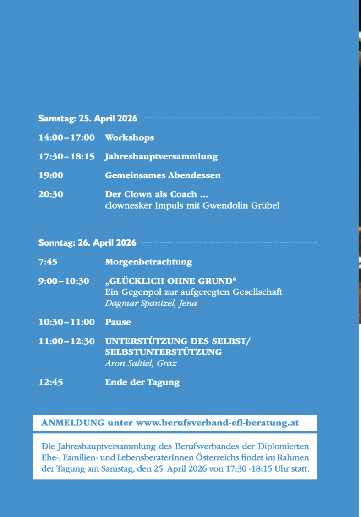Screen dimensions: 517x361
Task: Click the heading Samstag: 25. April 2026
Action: pos(88,118)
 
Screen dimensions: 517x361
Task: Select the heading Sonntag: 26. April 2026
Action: pos(87,243)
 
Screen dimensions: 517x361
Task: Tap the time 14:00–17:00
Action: pos(66,137)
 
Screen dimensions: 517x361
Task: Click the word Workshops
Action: pos(129,137)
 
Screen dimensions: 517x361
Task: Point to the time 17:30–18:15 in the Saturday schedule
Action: pos(66,156)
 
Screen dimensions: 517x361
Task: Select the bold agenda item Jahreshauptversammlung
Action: pos(161,156)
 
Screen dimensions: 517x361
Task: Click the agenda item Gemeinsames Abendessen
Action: pos(163,175)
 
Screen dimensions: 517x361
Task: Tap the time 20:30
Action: pos(51,194)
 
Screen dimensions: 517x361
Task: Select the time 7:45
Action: pos(48,262)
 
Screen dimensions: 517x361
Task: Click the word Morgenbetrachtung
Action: pos(148,262)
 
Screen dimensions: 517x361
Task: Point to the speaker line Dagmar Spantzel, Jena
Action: pos(151,303)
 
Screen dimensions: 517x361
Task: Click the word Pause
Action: pos(118,322)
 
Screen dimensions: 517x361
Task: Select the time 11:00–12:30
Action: pos(66,341)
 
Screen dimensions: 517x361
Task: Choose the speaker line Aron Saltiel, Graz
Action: pos(141,363)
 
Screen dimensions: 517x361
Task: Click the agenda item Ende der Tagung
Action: pos(142,382)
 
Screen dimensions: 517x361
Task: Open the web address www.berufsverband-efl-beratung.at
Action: pos(217,423)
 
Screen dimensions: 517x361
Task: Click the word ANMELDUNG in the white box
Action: pos(72,423)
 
